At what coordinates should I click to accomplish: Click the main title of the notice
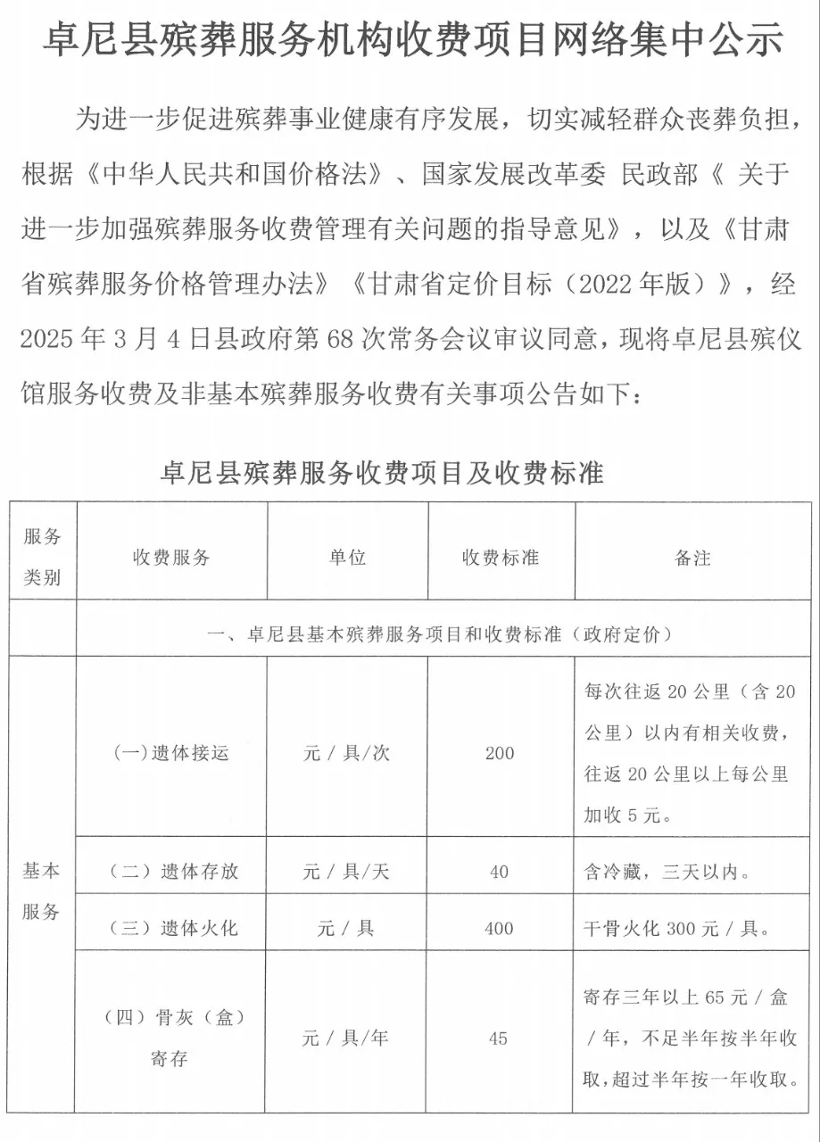[x=410, y=41]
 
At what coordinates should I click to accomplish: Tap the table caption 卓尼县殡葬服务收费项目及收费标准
[x=382, y=472]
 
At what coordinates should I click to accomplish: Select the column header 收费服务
[x=171, y=558]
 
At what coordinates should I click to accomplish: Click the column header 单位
[x=347, y=558]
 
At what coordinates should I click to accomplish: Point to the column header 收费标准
[x=500, y=558]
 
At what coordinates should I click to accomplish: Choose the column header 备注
[x=692, y=558]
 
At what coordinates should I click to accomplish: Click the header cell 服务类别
[x=42, y=558]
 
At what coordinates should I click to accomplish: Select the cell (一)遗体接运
[x=171, y=753]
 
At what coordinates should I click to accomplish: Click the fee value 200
[x=500, y=753]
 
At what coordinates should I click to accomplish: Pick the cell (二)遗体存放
[x=171, y=872]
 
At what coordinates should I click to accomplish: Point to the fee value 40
[x=500, y=872]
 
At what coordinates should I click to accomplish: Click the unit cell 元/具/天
[x=347, y=872]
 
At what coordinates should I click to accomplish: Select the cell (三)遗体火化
[x=171, y=928]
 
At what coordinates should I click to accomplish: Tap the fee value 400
[x=500, y=928]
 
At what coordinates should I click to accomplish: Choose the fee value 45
[x=500, y=1039]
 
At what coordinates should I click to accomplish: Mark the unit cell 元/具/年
[x=347, y=1039]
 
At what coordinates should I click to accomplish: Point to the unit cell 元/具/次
[x=347, y=753]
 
